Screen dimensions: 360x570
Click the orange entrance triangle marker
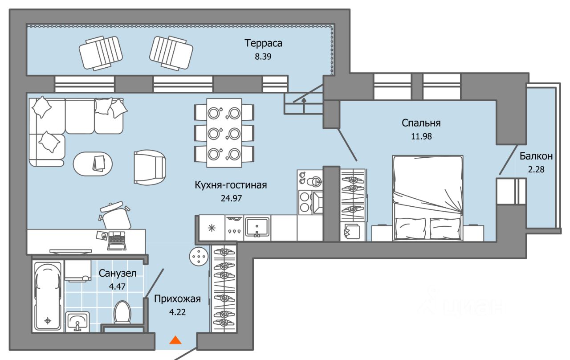(x=176, y=340)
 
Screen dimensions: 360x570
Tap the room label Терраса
(x=264, y=44)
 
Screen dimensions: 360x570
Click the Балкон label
(x=536, y=156)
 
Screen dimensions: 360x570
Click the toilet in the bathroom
(x=122, y=312)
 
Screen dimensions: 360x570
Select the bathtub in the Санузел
(x=48, y=296)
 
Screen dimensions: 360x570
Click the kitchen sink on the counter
(x=257, y=228)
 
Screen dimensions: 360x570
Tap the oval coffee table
(x=93, y=164)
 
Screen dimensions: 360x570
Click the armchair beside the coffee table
(x=150, y=166)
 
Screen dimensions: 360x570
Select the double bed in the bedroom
(x=427, y=198)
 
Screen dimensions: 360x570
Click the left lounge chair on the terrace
(x=101, y=53)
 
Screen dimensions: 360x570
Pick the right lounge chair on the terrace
(x=171, y=53)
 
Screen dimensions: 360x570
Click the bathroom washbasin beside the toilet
(x=78, y=321)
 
